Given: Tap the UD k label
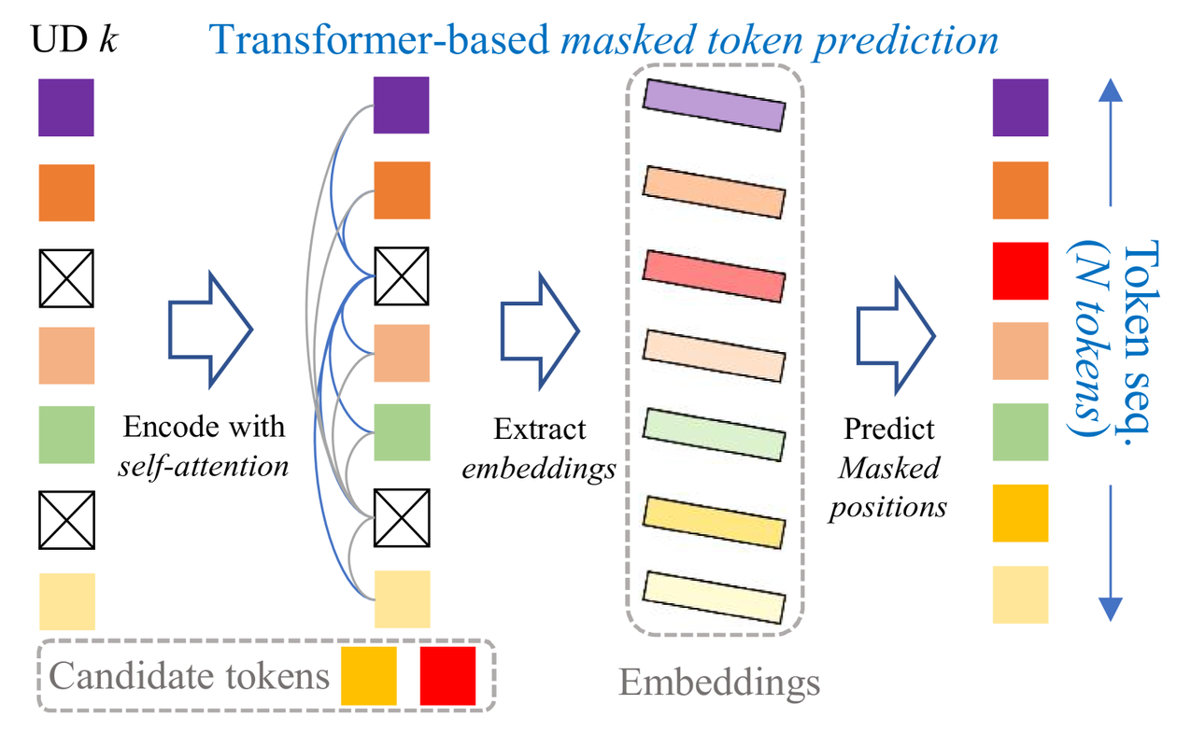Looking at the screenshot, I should coord(76,42).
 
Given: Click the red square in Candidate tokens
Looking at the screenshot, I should coord(448,676).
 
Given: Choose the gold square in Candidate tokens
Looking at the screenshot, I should coord(369,676).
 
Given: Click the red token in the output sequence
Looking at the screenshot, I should coord(1020,271).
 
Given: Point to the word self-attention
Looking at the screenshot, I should coord(204,465).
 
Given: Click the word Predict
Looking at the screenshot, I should coord(889,429).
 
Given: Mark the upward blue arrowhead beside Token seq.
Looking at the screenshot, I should coord(1109,91).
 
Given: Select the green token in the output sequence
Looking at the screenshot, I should coord(1020,432).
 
